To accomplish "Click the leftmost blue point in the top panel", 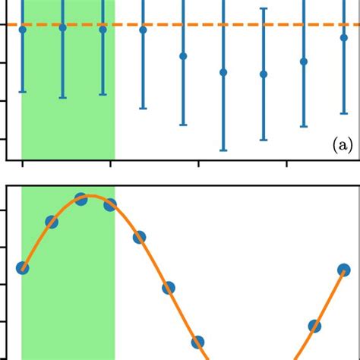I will [x=22, y=29].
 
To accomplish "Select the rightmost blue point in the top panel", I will [x=344, y=36].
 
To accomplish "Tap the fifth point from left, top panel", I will [x=183, y=56].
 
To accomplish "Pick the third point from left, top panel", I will [x=103, y=29].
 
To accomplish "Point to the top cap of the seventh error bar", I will [x=264, y=8].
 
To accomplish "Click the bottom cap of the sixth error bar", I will [x=223, y=150].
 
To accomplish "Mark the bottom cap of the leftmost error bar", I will [x=22, y=92].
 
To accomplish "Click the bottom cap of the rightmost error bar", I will [x=344, y=114].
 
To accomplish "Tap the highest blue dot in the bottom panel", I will [x=81, y=199].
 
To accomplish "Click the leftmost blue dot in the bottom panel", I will [x=22, y=267].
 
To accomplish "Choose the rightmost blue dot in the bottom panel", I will [x=344, y=270].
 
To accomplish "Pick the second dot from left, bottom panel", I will [x=51, y=222].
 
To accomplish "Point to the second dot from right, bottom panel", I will [x=314, y=347].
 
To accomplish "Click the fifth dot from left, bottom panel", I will [x=139, y=238].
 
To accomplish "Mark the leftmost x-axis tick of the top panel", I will [x=22, y=163].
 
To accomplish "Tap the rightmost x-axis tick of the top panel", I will [x=286, y=163].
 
